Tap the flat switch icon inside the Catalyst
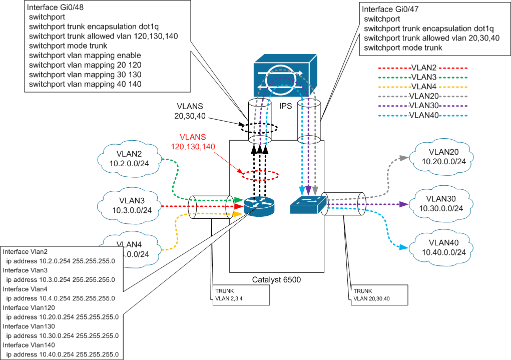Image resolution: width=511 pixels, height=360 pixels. [x=307, y=205]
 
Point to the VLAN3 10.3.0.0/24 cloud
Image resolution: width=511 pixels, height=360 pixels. [x=131, y=204]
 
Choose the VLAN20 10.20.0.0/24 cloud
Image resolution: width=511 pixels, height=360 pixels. [x=440, y=156]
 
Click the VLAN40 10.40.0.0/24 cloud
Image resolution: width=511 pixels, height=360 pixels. [x=439, y=248]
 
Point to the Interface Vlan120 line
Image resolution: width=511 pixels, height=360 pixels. [x=28, y=307]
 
